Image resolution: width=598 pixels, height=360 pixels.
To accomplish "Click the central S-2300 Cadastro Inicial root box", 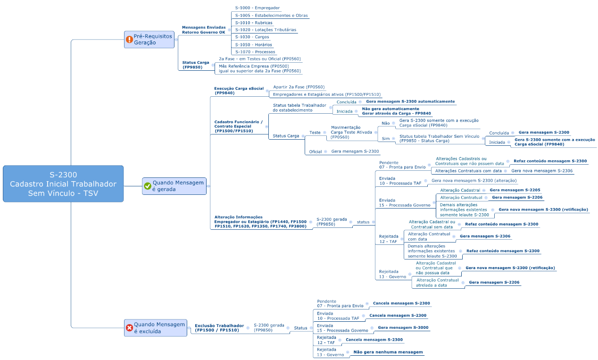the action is [63, 184].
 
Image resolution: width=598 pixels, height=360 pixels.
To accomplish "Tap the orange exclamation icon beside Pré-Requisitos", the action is [130, 40].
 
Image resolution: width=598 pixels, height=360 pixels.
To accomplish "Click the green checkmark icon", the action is [148, 186].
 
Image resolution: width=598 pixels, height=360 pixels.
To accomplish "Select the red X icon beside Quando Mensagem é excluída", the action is [130, 328].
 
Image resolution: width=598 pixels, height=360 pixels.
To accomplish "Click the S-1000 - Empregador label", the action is [257, 8].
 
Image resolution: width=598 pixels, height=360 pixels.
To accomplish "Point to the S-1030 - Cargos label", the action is [252, 37].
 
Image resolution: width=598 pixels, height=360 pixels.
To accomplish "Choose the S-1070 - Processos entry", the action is [255, 52].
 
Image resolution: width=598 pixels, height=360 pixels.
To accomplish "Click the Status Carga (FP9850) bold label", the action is [196, 65].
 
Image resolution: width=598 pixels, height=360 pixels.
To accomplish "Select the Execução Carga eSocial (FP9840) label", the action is [239, 91].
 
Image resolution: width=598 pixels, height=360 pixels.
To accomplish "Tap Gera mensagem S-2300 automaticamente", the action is [410, 101].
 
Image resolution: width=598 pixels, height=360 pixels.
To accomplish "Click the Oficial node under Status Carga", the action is [316, 152].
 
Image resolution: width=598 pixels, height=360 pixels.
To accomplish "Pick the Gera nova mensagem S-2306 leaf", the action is [542, 171].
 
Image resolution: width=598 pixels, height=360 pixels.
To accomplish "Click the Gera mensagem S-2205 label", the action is [515, 190].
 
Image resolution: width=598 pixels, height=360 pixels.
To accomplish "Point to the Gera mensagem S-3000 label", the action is [403, 327].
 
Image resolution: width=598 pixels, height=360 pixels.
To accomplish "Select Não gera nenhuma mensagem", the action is [388, 352].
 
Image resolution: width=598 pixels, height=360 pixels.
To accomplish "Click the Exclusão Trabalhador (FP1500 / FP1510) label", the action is [219, 328].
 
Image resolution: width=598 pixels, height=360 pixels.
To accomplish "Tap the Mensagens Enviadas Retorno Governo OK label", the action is [204, 30].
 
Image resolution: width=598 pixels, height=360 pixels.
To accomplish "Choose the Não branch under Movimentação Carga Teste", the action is [385, 123].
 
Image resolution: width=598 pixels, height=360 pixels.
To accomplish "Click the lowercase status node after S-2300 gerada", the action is [363, 222].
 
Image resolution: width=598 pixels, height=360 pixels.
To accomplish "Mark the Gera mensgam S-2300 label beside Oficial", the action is [355, 151].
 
